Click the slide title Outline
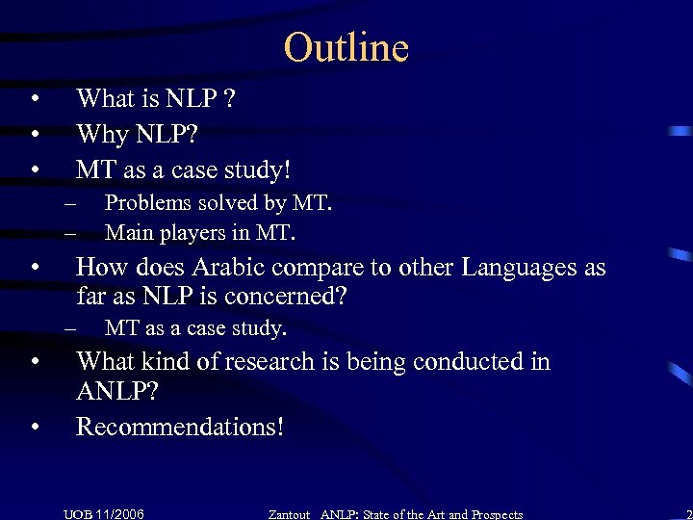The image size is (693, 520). [346, 47]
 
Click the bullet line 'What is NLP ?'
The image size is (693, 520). [157, 98]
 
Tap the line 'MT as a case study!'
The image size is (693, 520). [183, 169]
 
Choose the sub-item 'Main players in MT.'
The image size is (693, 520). [200, 232]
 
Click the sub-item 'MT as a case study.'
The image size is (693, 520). [195, 328]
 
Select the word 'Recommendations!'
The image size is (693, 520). [180, 426]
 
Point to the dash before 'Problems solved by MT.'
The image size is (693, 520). [69, 204]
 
